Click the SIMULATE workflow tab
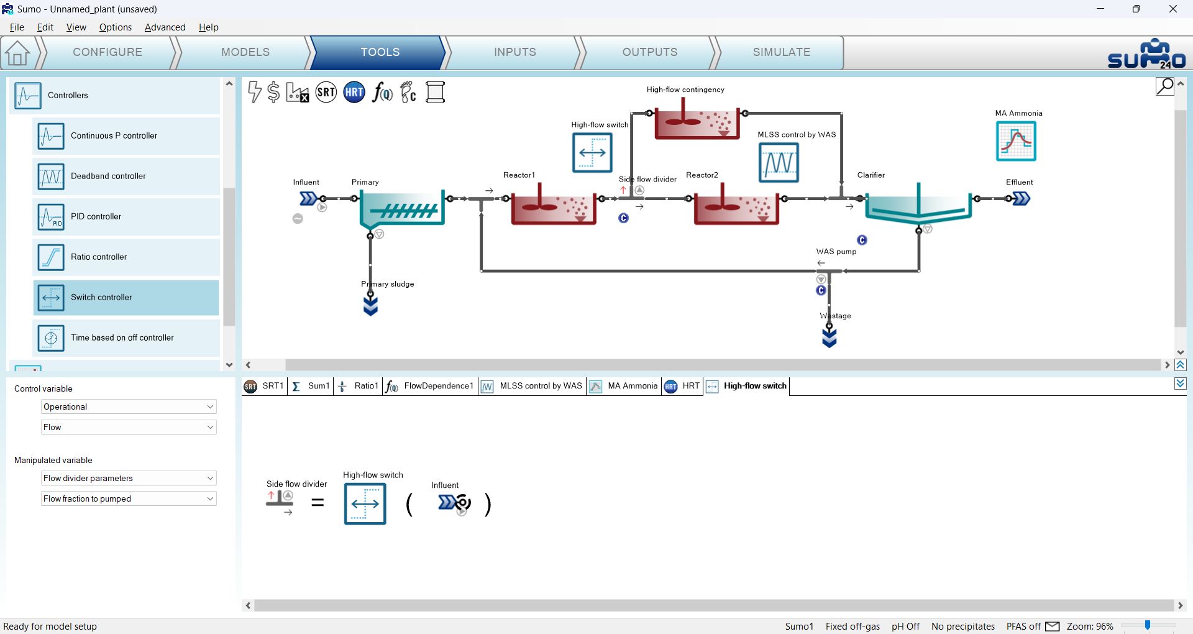tap(781, 52)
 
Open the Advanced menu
tap(165, 27)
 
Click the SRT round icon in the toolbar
tap(326, 93)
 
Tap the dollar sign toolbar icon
tap(273, 92)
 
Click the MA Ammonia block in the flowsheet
tap(1016, 141)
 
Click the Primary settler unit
tap(402, 208)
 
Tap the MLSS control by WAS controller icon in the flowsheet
tap(779, 162)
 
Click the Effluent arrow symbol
tap(1022, 199)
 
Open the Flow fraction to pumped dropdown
tap(129, 498)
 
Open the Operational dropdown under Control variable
tap(129, 407)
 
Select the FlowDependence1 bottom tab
tap(430, 386)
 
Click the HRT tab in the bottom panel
tap(682, 386)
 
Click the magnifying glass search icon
tap(1165, 86)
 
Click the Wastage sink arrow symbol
tap(830, 338)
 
